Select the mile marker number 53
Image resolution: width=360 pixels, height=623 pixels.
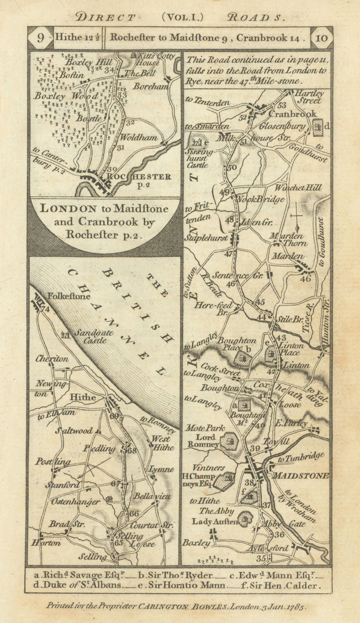(282, 105)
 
